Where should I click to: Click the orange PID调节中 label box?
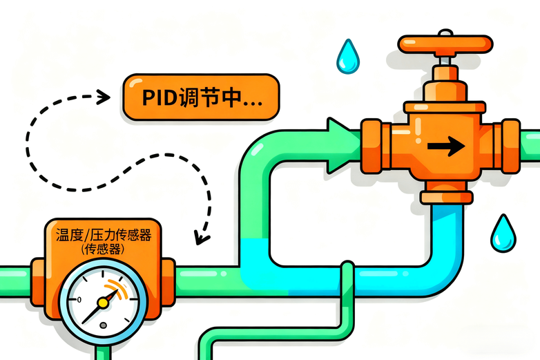coord(201,97)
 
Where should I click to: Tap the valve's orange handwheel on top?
coord(445,44)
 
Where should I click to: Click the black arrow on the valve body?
coord(446,146)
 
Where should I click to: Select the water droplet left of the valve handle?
coord(348,57)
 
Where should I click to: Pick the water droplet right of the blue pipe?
coord(503,234)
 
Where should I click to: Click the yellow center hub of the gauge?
coord(103,303)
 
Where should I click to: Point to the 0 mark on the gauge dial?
coord(79,300)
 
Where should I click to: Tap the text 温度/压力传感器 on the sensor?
coord(104,236)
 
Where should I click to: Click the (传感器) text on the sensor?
coord(103,249)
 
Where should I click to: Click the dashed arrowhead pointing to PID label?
coord(103,97)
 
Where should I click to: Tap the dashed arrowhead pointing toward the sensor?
coord(201,238)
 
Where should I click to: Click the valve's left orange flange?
coord(372,146)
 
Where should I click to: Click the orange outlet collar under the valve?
coord(447,198)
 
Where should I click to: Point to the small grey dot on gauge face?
coord(103,325)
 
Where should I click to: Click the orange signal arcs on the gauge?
coord(117,288)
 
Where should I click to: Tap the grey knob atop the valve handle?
coord(445,32)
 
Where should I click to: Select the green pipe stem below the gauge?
coord(104,352)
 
